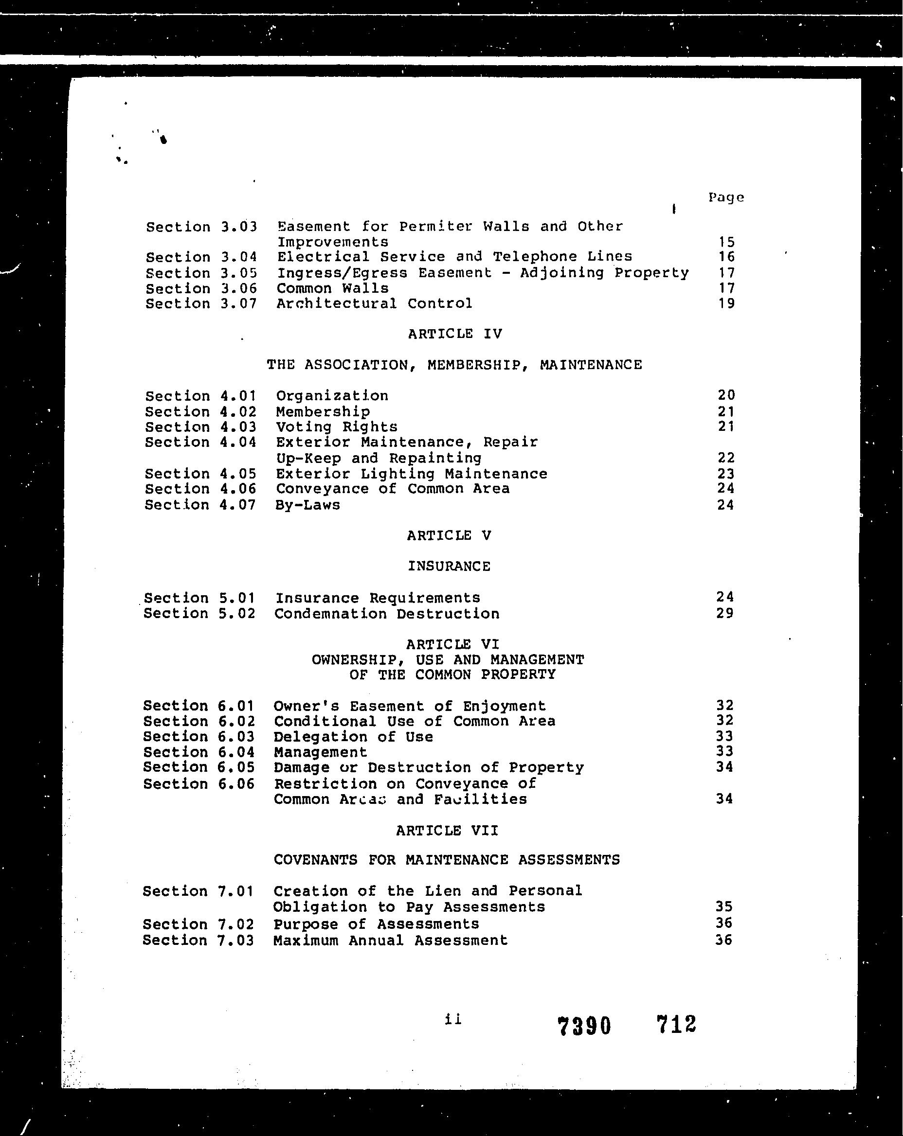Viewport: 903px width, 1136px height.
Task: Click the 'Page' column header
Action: point(726,197)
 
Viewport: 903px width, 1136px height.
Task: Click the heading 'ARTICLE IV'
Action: point(455,334)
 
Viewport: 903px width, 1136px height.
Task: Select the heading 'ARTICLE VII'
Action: point(447,831)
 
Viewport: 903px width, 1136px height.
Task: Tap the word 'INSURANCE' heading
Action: point(449,567)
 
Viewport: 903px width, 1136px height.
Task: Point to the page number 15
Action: point(726,242)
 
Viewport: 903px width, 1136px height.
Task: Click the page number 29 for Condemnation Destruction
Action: point(725,613)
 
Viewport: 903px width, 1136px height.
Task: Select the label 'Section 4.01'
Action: point(201,396)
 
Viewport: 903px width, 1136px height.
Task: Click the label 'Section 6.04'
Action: point(199,752)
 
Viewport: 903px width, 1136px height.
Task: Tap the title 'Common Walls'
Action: point(333,288)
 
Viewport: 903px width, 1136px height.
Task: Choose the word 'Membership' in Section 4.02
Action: point(323,411)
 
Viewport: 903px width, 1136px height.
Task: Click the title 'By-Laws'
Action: point(308,505)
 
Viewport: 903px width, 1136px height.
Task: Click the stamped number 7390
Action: point(584,1027)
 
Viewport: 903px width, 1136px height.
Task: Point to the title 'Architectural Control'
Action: point(374,303)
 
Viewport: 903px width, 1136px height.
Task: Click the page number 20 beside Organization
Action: point(726,395)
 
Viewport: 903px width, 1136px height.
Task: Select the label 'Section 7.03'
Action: point(198,940)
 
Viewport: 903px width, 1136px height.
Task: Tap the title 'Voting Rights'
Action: point(336,427)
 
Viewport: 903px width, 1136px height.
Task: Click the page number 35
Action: point(724,906)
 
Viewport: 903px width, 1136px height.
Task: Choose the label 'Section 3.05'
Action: point(201,273)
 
